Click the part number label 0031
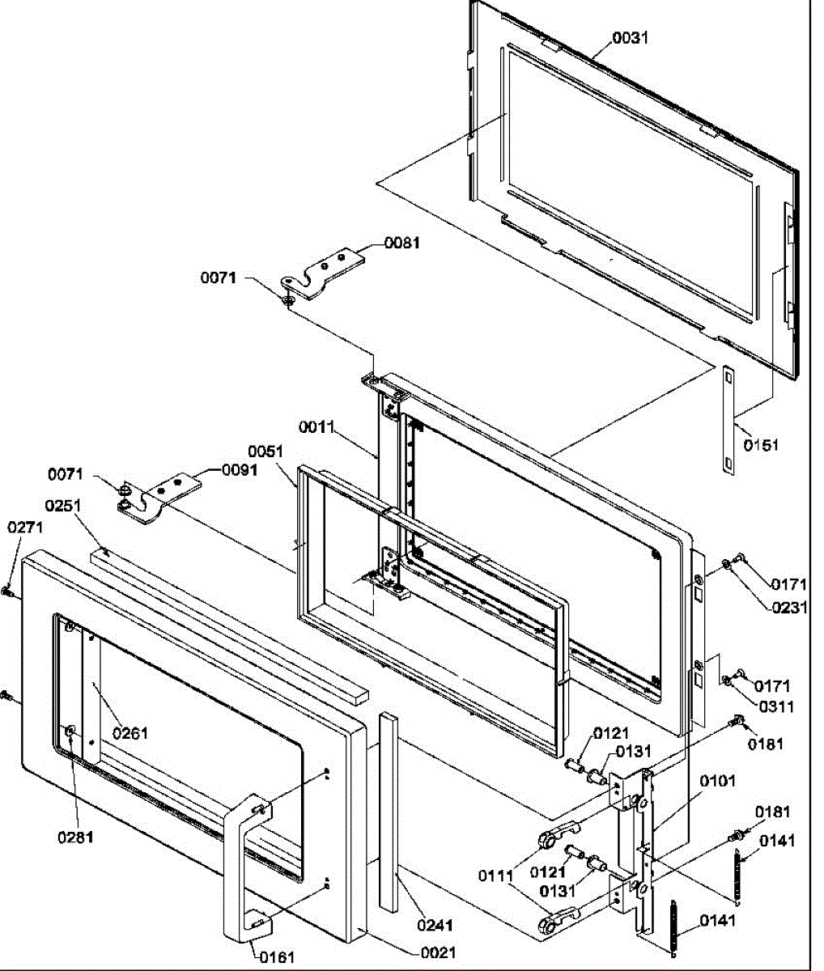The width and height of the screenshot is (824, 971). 630,37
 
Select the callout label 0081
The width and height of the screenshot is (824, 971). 401,242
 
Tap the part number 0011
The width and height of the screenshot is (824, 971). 317,426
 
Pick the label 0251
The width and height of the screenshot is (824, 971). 64,506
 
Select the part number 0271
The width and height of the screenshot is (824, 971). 26,527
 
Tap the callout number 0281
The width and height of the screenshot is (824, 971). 75,837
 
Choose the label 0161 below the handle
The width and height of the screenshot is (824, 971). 277,957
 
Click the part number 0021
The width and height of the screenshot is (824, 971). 438,952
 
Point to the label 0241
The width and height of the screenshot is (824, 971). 435,925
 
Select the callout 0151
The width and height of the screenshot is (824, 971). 761,444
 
